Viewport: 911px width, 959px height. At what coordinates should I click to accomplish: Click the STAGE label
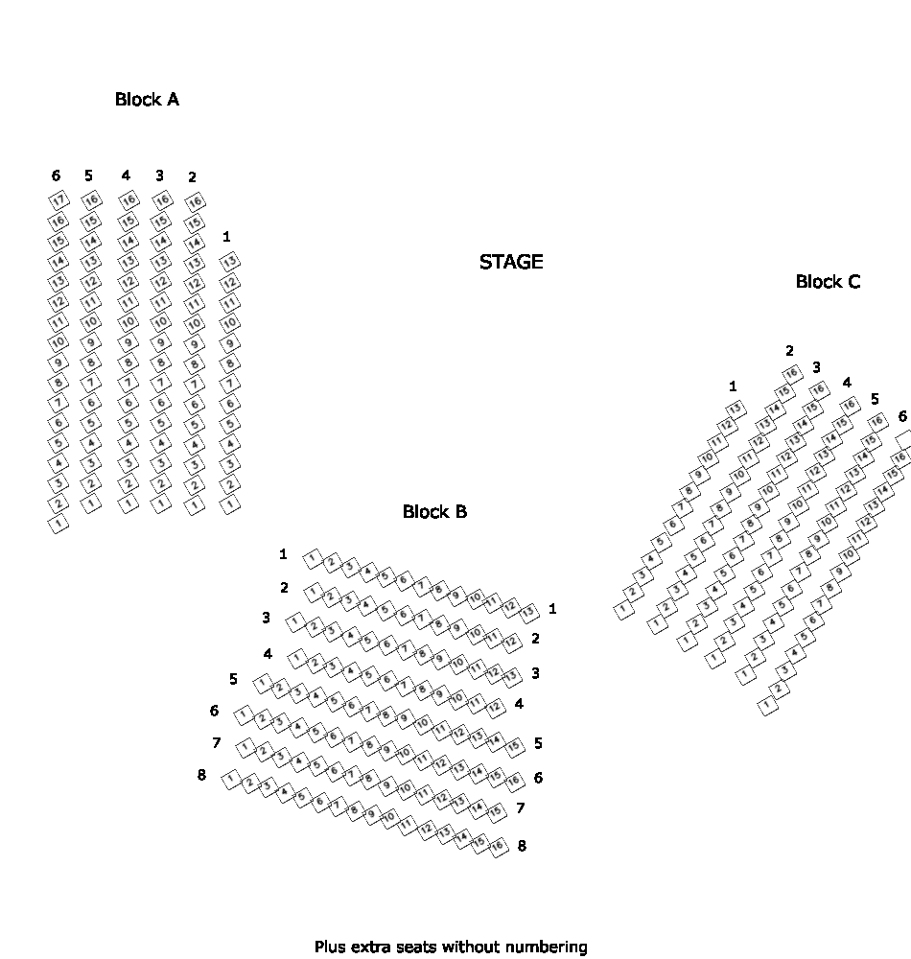[511, 262]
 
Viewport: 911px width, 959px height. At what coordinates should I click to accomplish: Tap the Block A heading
[147, 99]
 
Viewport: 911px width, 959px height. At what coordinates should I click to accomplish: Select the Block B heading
[434, 512]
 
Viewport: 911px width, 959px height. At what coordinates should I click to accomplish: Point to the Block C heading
[828, 281]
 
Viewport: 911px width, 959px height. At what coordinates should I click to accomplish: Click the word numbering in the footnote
[547, 947]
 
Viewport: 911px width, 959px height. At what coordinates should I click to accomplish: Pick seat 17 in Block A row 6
[58, 200]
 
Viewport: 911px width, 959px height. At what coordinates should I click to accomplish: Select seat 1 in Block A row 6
[58, 524]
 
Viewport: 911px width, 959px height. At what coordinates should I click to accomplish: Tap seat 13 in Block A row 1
[229, 261]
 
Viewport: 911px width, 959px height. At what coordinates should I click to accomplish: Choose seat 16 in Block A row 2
[195, 201]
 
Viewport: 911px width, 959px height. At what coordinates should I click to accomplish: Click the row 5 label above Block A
[88, 175]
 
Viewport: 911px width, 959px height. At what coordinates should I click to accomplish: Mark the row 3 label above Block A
[159, 175]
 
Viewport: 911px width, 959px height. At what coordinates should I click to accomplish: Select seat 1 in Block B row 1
[313, 556]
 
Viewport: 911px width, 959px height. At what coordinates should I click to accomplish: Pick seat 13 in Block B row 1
[526, 611]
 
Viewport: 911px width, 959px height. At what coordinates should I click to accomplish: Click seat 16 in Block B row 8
[497, 845]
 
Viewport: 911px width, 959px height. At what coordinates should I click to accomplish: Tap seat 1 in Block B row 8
[231, 779]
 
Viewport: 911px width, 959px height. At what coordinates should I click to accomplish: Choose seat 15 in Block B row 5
[513, 745]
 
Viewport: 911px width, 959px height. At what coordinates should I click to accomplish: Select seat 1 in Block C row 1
[624, 608]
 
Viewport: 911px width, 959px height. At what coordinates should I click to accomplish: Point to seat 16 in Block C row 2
[791, 373]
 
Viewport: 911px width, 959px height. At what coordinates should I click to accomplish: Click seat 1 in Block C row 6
[767, 707]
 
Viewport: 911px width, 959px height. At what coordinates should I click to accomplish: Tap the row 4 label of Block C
[847, 383]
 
